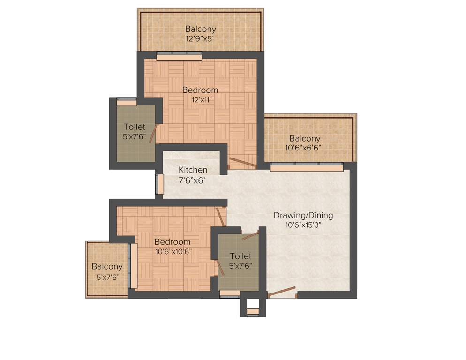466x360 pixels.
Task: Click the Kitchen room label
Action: coord(193,170)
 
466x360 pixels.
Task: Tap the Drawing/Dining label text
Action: coord(303,216)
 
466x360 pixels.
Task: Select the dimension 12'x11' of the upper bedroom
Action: coord(200,99)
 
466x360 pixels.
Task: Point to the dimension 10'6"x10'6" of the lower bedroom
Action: coord(173,251)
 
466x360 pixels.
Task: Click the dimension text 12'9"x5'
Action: coord(200,39)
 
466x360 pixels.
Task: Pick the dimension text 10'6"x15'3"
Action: coord(303,225)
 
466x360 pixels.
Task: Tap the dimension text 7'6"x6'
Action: coord(193,180)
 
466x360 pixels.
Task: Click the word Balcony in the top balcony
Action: coord(200,29)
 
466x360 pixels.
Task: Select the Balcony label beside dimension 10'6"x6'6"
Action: coord(305,138)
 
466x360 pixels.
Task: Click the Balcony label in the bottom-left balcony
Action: coord(107,266)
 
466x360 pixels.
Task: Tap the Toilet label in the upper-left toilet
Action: coord(135,127)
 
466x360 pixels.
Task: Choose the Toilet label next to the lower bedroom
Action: coord(241,256)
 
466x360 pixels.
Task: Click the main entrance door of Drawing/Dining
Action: coord(281,292)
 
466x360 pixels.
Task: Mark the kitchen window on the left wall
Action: coord(160,184)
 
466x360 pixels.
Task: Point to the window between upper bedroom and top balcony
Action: coord(179,56)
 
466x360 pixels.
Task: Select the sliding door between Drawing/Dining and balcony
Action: coord(306,166)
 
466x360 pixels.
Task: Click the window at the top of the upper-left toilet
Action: coord(127,102)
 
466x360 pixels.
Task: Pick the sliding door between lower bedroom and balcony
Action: coord(134,266)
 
